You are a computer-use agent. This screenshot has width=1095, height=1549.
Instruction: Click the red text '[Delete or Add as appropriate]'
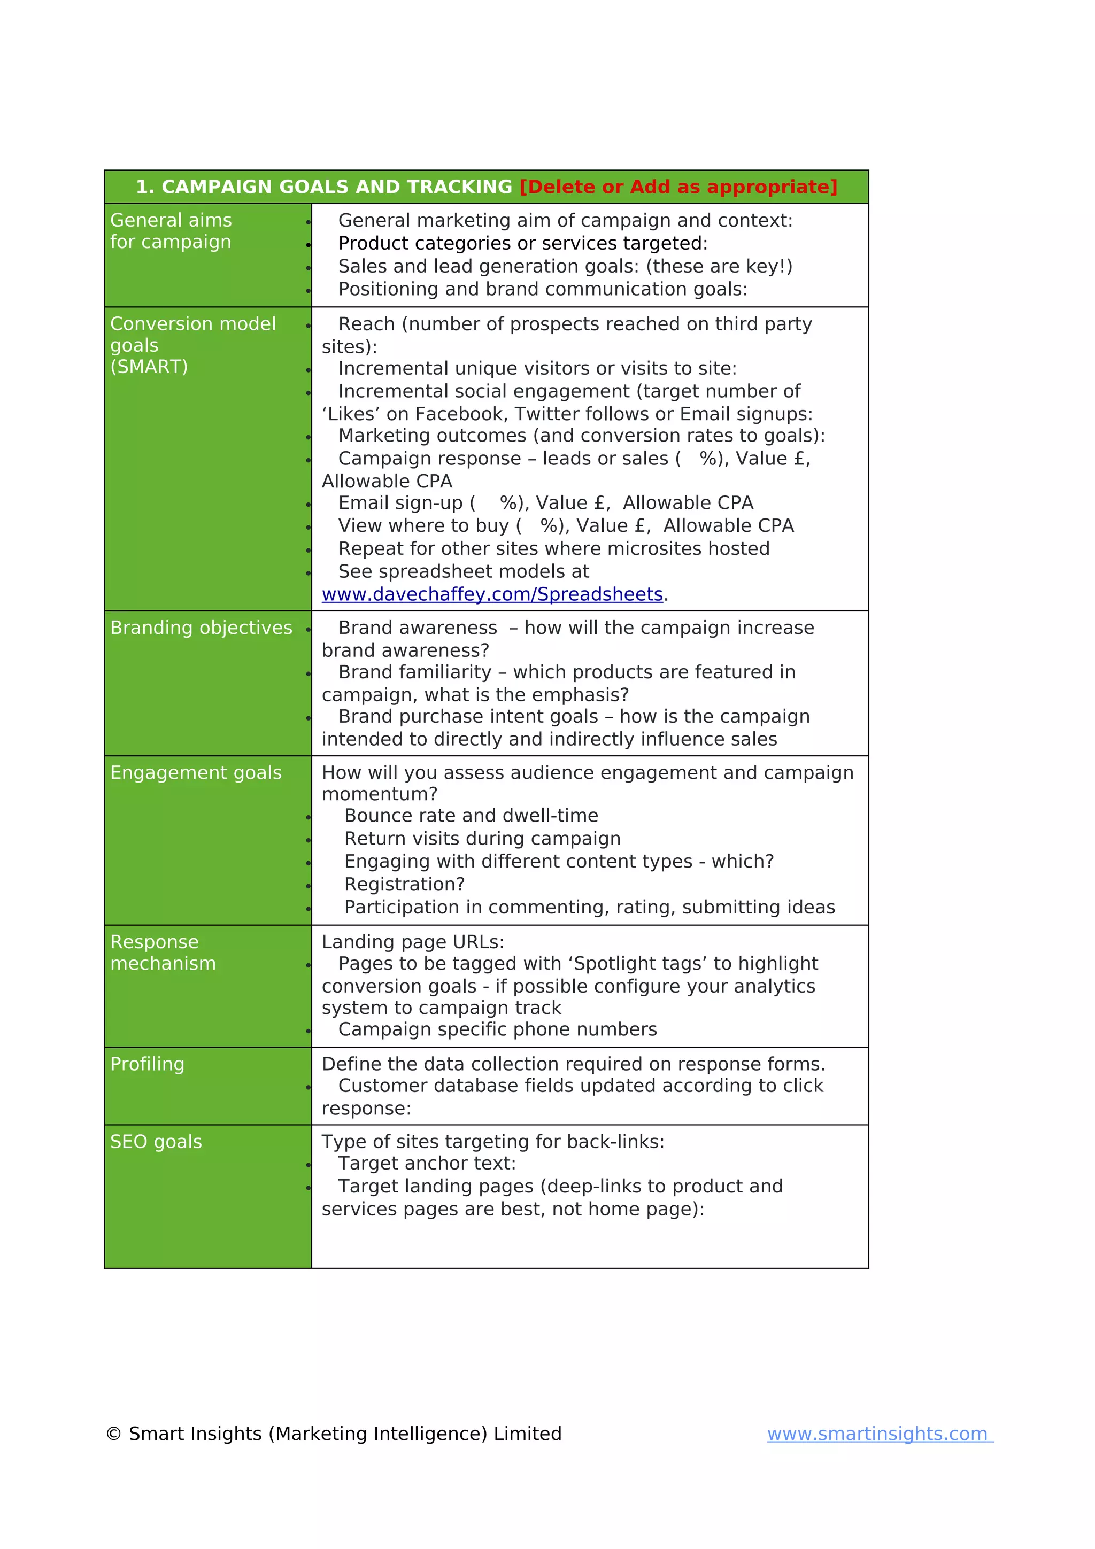pyautogui.click(x=677, y=187)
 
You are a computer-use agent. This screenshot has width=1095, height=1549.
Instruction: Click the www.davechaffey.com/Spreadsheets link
pyautogui.click(x=492, y=594)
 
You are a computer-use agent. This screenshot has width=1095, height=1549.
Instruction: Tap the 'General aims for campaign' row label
pyautogui.click(x=171, y=231)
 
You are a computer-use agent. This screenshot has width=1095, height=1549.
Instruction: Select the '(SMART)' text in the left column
pyautogui.click(x=149, y=367)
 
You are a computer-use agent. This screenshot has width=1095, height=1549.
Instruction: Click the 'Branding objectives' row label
pyautogui.click(x=201, y=628)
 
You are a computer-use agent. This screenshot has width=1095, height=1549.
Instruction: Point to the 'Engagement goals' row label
pyautogui.click(x=196, y=772)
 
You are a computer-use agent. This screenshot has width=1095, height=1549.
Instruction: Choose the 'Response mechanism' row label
pyautogui.click(x=163, y=952)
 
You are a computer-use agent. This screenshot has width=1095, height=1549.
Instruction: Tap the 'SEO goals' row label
pyautogui.click(x=156, y=1142)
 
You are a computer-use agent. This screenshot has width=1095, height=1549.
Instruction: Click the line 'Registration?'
pyautogui.click(x=404, y=885)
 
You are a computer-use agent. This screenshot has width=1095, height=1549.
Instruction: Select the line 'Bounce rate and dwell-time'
pyautogui.click(x=471, y=816)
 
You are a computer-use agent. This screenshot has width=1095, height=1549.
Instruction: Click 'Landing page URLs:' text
pyautogui.click(x=412, y=942)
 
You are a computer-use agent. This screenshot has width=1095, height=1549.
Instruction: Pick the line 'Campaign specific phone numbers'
pyautogui.click(x=497, y=1029)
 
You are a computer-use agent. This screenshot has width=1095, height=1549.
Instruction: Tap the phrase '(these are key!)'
pyautogui.click(x=719, y=267)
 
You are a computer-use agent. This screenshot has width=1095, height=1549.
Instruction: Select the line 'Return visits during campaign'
pyautogui.click(x=482, y=839)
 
